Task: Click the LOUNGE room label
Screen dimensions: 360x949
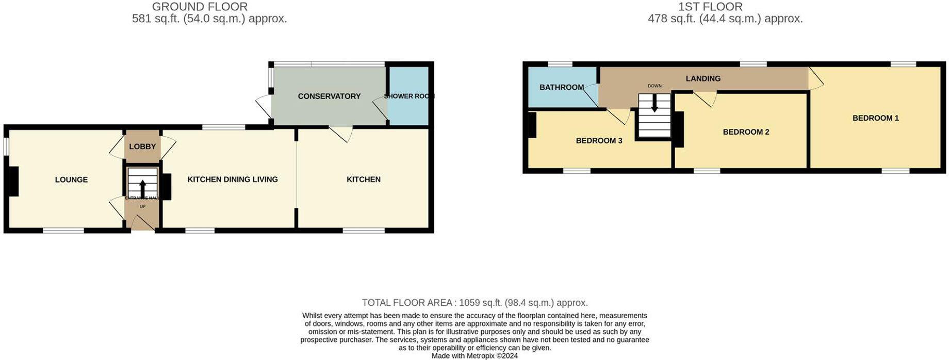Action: pyautogui.click(x=71, y=179)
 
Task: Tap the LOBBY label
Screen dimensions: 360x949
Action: pyautogui.click(x=142, y=146)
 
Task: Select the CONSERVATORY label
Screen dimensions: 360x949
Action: pyautogui.click(x=329, y=96)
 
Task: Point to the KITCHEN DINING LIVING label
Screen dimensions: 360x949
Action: pyautogui.click(x=232, y=179)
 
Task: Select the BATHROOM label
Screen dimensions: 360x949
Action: pyautogui.click(x=561, y=87)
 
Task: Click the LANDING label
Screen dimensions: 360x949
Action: pyautogui.click(x=703, y=78)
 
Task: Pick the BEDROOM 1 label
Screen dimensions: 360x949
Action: pyautogui.click(x=875, y=118)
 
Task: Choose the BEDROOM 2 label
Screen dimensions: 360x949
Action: pyautogui.click(x=746, y=132)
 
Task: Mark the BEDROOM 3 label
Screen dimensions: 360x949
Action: pyautogui.click(x=599, y=141)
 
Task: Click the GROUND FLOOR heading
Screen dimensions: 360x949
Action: pyautogui.click(x=200, y=7)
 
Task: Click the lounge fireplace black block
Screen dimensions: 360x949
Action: pyautogui.click(x=13, y=181)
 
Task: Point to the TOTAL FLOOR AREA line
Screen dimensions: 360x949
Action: pyautogui.click(x=474, y=303)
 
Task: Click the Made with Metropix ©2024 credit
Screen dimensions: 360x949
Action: pyautogui.click(x=474, y=356)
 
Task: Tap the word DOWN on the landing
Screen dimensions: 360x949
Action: pyautogui.click(x=655, y=86)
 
